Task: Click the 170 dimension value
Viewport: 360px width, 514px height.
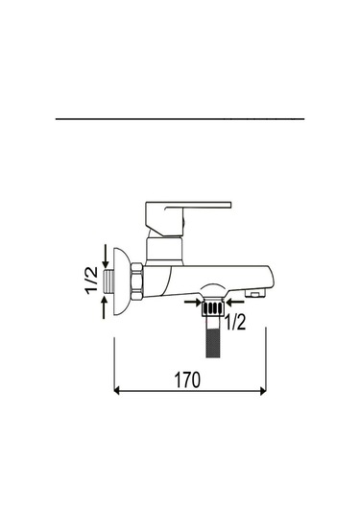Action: [186, 379]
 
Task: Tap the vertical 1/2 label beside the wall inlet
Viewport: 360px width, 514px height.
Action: [92, 281]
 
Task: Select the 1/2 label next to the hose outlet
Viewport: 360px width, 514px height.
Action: [234, 322]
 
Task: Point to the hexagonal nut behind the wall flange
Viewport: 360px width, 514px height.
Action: [137, 281]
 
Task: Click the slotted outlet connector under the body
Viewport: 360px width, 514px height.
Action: [212, 307]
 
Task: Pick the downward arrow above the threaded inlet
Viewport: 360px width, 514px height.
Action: [106, 256]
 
